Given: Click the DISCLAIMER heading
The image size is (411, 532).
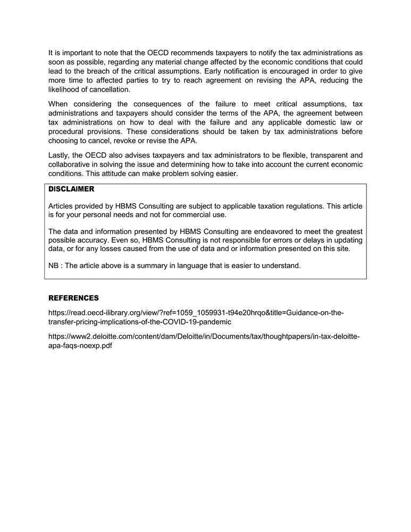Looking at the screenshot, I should [x=71, y=189].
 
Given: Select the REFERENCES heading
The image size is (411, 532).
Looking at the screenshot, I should [x=73, y=298].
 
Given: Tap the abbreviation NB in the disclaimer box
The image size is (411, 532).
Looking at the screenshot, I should [x=54, y=265].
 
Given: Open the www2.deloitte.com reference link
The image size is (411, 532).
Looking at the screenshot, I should [x=204, y=340].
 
